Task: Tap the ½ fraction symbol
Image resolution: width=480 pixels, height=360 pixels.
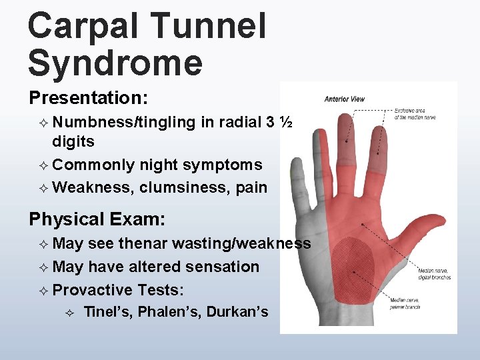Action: tap(286, 123)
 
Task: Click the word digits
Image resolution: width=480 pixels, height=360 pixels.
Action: tap(73, 141)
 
